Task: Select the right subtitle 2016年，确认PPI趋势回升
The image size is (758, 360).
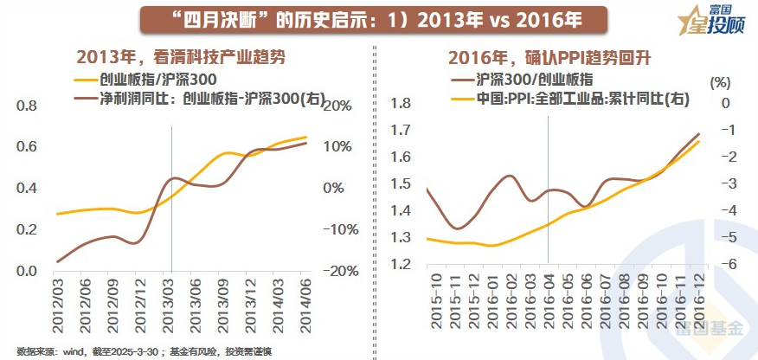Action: click(549, 58)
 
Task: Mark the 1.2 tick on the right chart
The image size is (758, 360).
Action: click(399, 264)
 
